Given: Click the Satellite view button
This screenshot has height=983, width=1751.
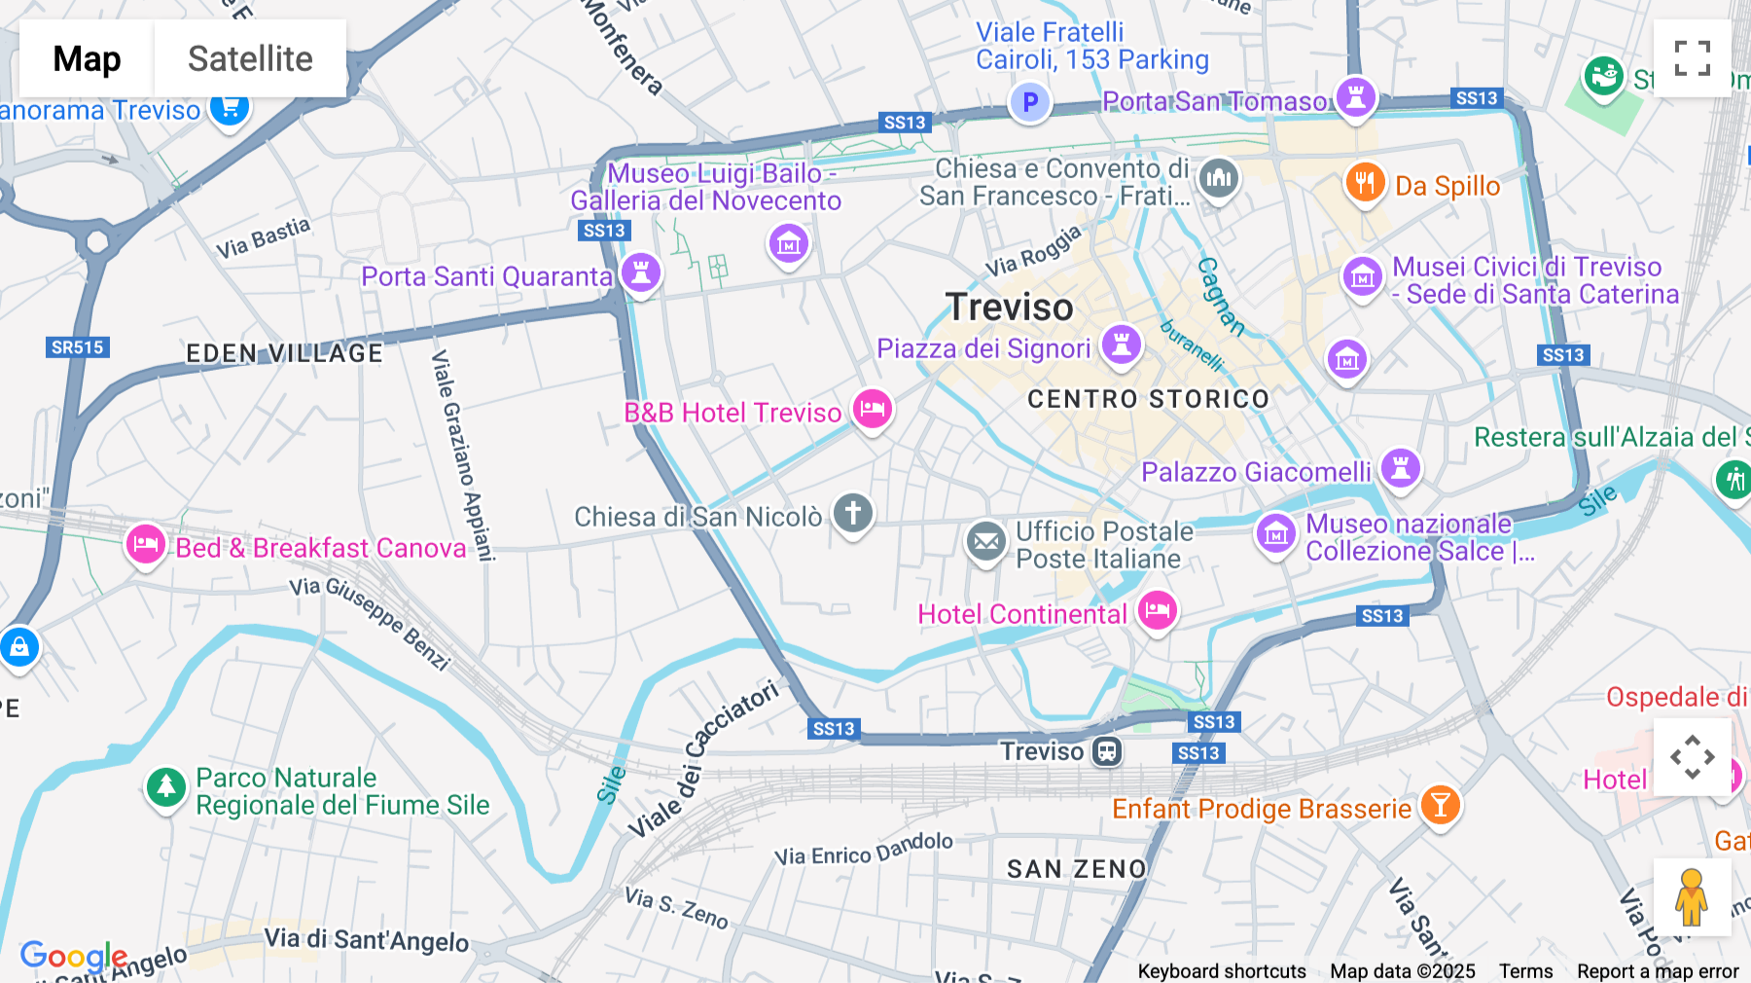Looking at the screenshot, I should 250,58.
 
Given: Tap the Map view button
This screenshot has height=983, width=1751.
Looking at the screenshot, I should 87,58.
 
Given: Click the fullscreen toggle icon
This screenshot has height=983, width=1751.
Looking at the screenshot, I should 1692,58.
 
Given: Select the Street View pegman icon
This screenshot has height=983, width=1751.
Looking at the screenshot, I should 1691,897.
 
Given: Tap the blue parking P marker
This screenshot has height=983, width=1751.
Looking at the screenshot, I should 1029,102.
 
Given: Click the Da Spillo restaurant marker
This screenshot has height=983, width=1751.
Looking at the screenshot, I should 1364,182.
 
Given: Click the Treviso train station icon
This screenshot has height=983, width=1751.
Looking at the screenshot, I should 1107,751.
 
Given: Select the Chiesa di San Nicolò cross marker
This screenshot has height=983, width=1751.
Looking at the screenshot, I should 853,512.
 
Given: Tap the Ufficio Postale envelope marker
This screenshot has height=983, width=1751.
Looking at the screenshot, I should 985,541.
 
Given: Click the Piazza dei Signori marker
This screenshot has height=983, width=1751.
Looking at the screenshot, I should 1121,345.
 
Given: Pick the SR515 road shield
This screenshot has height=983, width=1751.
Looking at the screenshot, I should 77,347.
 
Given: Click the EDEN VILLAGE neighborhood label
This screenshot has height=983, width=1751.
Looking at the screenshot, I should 284,353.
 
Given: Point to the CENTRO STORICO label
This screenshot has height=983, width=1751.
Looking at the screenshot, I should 1148,399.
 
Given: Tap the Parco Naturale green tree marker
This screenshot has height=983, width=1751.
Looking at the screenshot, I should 165,786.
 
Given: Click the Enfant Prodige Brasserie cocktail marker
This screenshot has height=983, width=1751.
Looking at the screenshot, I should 1440,805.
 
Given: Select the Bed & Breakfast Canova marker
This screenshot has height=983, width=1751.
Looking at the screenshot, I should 146,544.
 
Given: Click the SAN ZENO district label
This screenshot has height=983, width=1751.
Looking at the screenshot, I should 1076,869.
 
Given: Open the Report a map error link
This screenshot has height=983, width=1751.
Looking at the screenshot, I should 1657,971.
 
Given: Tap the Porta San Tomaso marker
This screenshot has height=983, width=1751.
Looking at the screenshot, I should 1355,97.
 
